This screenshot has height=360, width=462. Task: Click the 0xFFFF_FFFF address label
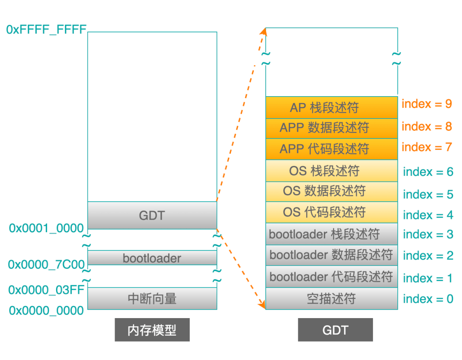pos(46,30)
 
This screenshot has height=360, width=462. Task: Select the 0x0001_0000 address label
pos(46,228)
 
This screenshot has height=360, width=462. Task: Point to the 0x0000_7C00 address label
pos(46,265)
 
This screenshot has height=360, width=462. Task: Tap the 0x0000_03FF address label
pos(46,290)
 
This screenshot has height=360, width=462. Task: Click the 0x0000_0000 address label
pos(46,310)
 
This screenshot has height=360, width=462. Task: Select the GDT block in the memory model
pos(152,215)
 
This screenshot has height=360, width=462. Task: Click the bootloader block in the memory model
pos(152,258)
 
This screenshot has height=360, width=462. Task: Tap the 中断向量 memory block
pos(152,298)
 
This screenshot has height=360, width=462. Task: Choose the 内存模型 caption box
pos(152,330)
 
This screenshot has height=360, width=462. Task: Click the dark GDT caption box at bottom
pos(335,330)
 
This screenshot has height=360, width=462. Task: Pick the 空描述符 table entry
pos(332,298)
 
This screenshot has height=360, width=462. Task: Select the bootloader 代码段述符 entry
pos(332,276)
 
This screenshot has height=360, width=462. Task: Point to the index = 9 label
pos(426,104)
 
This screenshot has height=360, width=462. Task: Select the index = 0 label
pos(428,298)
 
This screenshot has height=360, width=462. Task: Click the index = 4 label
pos(428,215)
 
